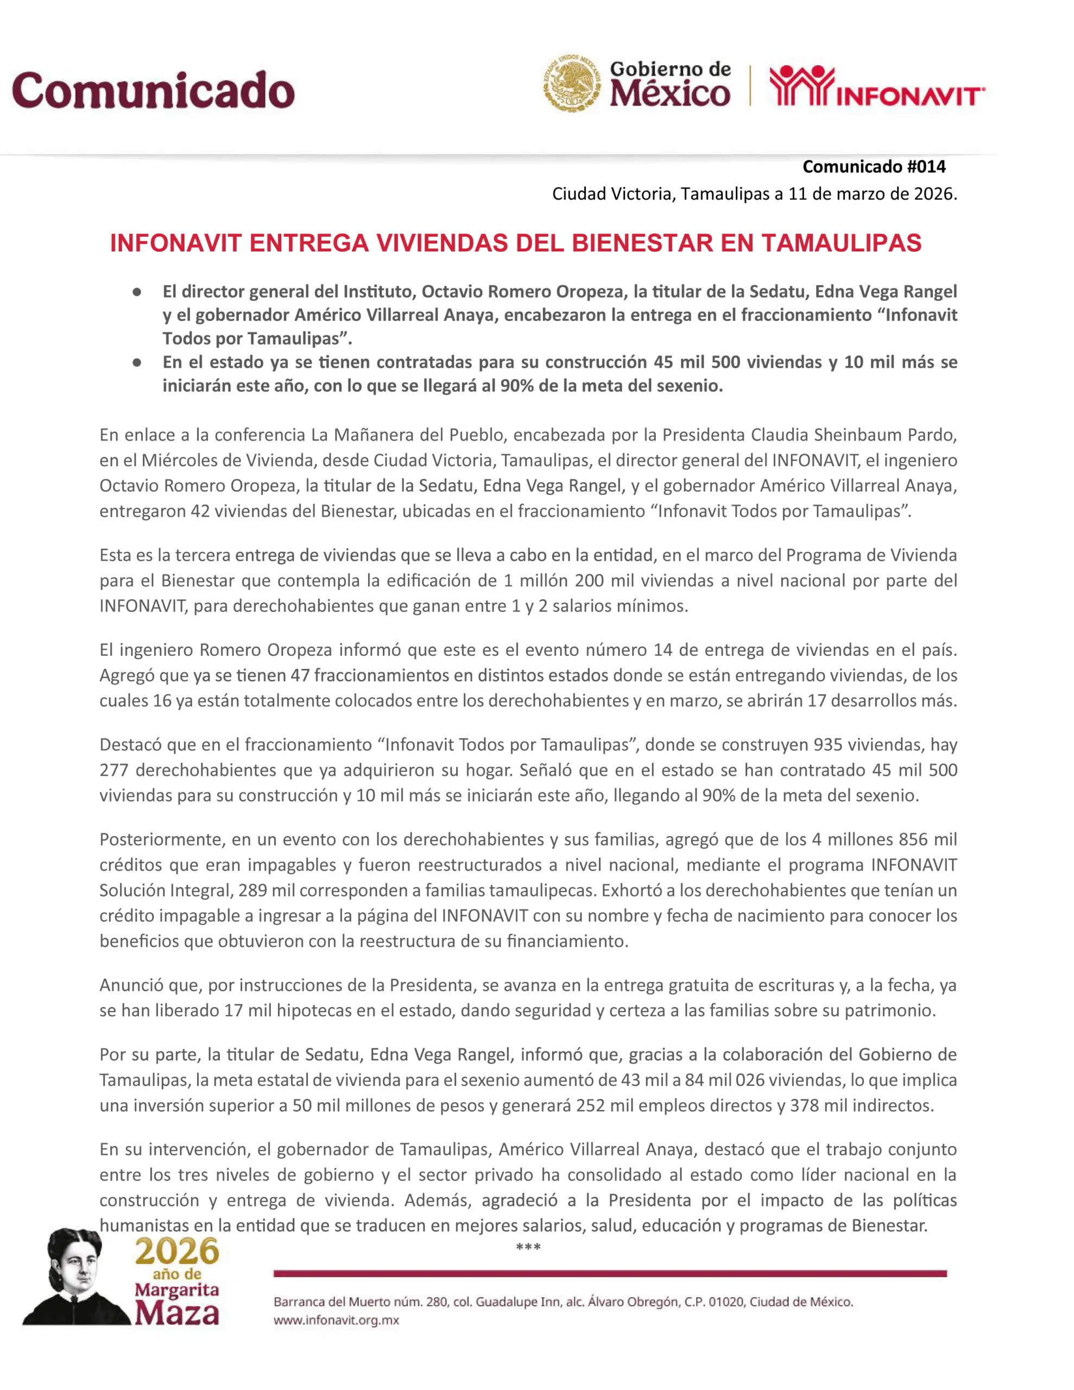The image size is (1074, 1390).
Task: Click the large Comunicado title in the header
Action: click(153, 90)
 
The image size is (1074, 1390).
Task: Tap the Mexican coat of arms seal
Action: click(571, 84)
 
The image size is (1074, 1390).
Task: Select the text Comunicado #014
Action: click(874, 167)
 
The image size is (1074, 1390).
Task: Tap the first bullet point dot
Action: click(137, 292)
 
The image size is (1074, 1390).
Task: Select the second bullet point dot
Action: click(137, 363)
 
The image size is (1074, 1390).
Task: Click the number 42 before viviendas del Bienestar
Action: click(200, 511)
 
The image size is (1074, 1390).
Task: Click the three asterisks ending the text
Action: click(528, 1247)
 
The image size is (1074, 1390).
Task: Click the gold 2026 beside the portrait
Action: click(177, 1251)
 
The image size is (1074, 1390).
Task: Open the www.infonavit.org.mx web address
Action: click(336, 1319)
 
